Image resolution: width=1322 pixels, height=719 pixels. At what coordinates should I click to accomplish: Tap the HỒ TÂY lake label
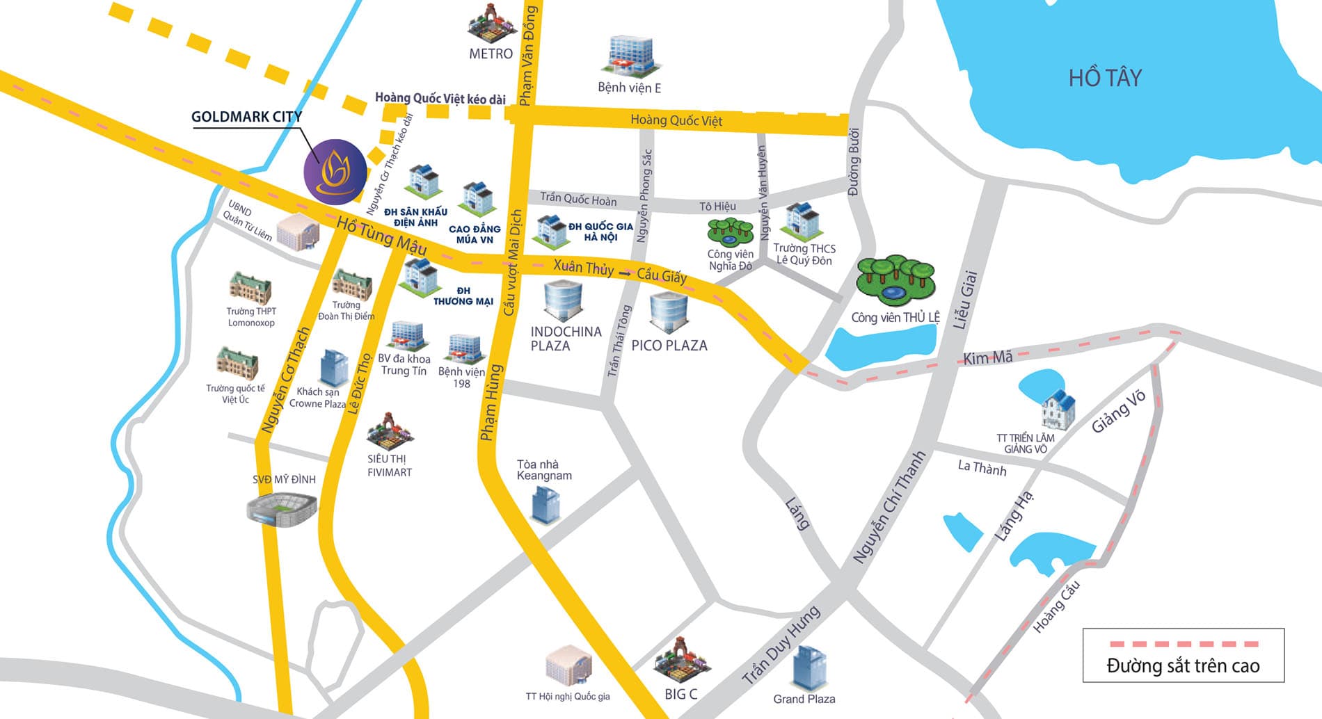(1105, 77)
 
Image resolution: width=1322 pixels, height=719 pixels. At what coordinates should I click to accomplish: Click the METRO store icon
(491, 25)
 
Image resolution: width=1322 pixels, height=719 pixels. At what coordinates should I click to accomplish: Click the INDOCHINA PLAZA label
(565, 339)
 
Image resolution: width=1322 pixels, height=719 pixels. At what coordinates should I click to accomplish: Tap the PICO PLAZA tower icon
(669, 312)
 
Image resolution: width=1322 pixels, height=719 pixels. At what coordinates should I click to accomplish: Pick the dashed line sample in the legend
(1183, 644)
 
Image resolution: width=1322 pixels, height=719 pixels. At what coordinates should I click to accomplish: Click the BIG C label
(680, 694)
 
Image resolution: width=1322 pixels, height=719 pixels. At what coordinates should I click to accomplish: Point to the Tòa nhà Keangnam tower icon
(545, 504)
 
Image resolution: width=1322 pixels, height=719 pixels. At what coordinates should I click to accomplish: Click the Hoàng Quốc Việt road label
(676, 120)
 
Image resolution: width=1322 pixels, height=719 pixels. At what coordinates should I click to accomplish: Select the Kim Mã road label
(987, 357)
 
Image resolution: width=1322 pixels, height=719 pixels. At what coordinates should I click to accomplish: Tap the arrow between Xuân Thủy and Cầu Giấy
(626, 274)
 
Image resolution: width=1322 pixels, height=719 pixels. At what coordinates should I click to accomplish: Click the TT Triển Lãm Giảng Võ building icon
(1058, 410)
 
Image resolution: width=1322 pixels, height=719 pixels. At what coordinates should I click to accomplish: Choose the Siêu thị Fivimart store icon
(390, 431)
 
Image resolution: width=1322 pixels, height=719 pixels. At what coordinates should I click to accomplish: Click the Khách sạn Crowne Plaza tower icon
(334, 368)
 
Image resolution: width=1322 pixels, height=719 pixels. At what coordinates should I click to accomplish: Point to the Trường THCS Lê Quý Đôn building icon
(802, 222)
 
